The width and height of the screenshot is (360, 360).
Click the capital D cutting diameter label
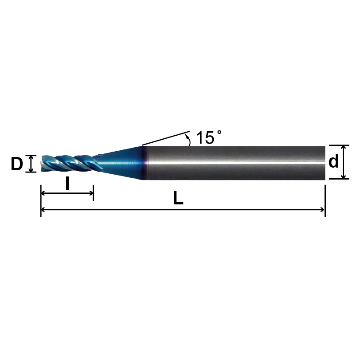(17, 164)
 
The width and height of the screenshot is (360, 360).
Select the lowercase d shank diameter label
(334, 162)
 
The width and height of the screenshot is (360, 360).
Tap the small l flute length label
(67, 183)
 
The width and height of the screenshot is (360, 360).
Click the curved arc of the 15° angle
(189, 140)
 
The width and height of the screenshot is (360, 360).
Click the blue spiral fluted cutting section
(69, 163)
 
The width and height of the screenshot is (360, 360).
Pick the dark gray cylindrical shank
(235, 162)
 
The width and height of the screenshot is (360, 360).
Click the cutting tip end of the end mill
(43, 163)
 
